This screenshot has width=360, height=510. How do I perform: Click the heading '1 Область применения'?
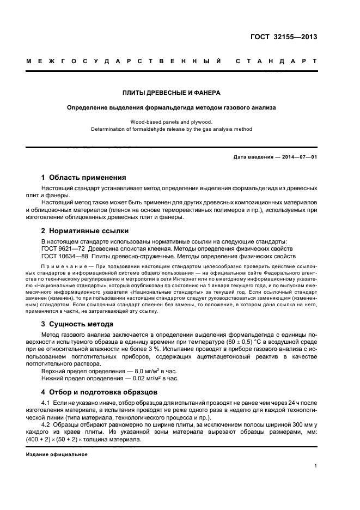click(84, 178)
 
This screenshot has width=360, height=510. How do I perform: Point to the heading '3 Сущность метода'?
click(77, 324)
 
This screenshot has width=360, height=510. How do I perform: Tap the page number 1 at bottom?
click(316, 466)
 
